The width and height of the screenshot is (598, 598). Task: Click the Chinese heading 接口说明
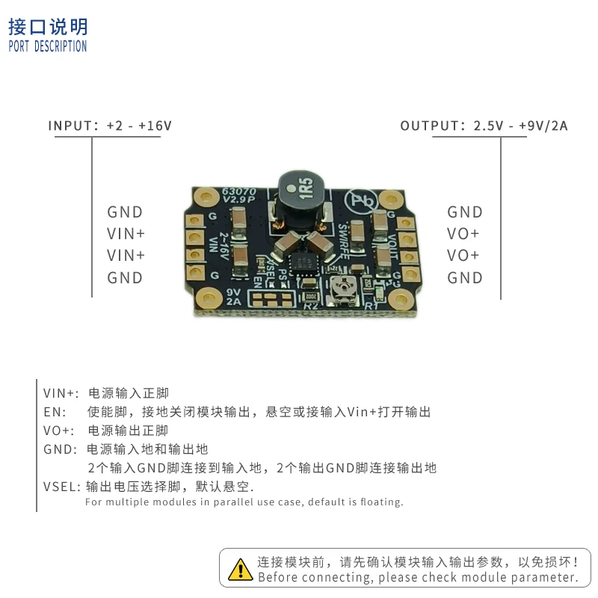tap(48, 27)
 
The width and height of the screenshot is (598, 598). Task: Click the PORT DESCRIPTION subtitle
tap(48, 46)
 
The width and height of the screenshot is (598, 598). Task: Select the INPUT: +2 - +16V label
tap(110, 126)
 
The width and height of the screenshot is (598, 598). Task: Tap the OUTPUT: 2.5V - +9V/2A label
tap(484, 126)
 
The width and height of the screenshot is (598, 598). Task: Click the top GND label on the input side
tap(125, 212)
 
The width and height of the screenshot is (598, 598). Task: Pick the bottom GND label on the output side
tap(465, 278)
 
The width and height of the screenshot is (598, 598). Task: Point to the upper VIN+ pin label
tap(126, 234)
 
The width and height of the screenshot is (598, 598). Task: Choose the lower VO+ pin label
tap(463, 256)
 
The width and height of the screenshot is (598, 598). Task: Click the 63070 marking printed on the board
tap(239, 192)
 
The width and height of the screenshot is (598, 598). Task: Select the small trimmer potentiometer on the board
tap(345, 287)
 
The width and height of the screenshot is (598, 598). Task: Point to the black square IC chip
tap(305, 261)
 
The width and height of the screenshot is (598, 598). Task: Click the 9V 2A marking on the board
tap(233, 296)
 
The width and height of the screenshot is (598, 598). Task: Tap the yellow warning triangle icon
tap(240, 569)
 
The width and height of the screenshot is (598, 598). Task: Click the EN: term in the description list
tap(55, 412)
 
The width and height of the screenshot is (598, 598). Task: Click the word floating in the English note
tap(377, 502)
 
